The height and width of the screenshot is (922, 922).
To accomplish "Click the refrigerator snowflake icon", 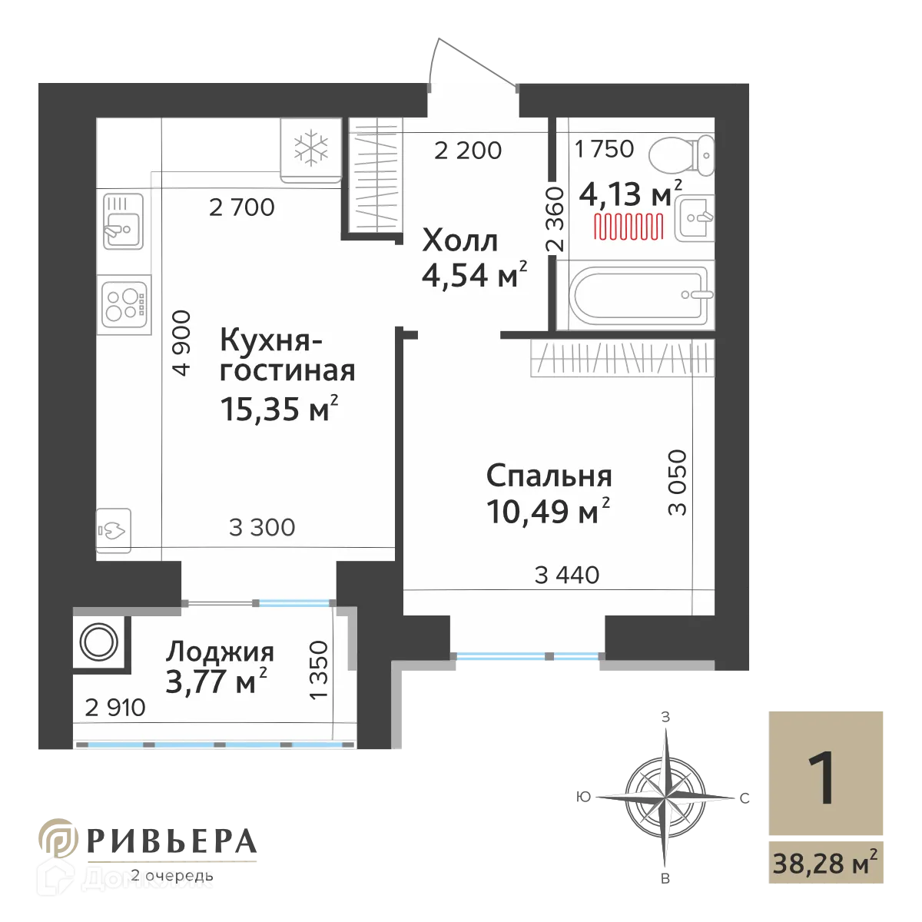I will pyautogui.click(x=312, y=148).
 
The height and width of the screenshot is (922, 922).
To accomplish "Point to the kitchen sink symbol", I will pyautogui.click(x=123, y=220).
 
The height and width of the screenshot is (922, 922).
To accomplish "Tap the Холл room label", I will pyautogui.click(x=460, y=241).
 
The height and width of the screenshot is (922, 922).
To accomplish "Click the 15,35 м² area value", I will pyautogui.click(x=279, y=409).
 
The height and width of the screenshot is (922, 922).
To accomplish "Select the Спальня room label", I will pyautogui.click(x=549, y=476).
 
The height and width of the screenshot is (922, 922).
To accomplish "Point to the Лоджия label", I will pyautogui.click(x=220, y=652).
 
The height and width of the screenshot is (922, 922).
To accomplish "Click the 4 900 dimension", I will pyautogui.click(x=181, y=343).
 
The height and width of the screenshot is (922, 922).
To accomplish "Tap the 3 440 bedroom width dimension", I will pyautogui.click(x=566, y=574).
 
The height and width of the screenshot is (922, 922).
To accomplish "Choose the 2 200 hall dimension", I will pyautogui.click(x=467, y=151).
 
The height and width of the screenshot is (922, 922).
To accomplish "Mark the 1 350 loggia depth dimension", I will pyautogui.click(x=319, y=670).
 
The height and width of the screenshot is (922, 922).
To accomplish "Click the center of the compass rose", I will pyautogui.click(x=661, y=791).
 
